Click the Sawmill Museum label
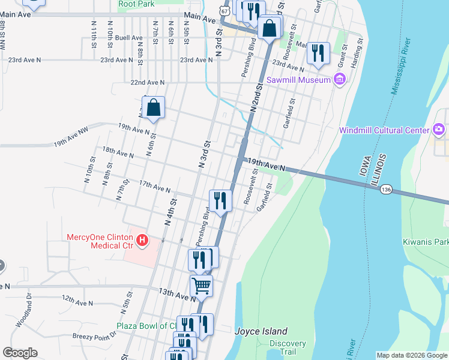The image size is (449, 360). (300, 80)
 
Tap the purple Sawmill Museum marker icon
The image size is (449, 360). (339, 79)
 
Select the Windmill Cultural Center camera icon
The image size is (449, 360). (439, 130)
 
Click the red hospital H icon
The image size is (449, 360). (142, 241)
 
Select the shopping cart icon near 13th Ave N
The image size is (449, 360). (201, 285)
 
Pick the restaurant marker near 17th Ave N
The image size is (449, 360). (220, 200)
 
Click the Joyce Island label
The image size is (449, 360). (261, 331)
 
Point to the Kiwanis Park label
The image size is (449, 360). (426, 242)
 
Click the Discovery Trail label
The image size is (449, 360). (288, 348)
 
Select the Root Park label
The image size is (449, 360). (136, 4)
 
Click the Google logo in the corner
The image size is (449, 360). (20, 353)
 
